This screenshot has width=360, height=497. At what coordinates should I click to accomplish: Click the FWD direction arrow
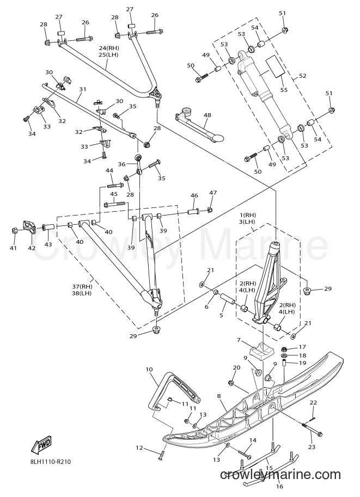point(41,445)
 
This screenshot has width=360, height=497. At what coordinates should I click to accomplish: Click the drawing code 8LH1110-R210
point(48,462)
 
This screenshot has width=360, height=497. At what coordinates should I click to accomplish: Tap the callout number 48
point(208,115)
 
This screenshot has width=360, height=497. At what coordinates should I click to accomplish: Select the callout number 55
point(284,90)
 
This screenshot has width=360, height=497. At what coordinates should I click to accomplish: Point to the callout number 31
point(82,90)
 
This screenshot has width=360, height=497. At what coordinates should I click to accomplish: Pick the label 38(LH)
point(82,293)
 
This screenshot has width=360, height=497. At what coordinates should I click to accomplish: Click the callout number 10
point(149,369)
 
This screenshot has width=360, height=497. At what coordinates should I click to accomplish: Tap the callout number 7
point(239,340)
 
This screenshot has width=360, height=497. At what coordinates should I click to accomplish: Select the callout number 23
point(312,447)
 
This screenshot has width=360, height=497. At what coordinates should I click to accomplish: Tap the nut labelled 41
point(15,230)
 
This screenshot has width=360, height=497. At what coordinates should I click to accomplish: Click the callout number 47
point(213,193)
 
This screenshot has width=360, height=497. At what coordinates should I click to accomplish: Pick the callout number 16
point(279,486)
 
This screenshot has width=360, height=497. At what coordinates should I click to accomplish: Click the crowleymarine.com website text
point(280,475)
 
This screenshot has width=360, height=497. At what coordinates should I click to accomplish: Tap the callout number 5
point(222,315)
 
